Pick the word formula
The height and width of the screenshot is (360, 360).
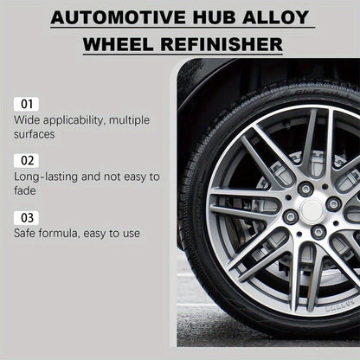click(68, 233)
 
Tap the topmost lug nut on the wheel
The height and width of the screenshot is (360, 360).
click(305, 189)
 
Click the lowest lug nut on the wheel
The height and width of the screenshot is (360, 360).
click(318, 232)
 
